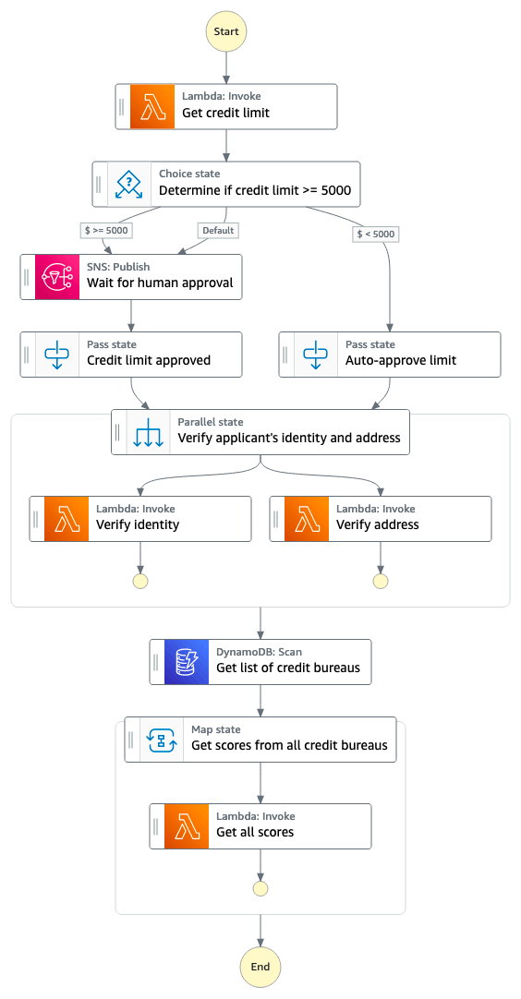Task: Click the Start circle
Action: pyautogui.click(x=225, y=32)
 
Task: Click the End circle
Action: pyautogui.click(x=260, y=967)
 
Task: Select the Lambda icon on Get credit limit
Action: pyautogui.click(x=151, y=106)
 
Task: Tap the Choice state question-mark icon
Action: pyautogui.click(x=128, y=184)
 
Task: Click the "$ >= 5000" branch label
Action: pyautogui.click(x=107, y=230)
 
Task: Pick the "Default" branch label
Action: pyautogui.click(x=218, y=230)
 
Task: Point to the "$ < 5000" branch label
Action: pyautogui.click(x=376, y=234)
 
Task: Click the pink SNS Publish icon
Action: pyautogui.click(x=56, y=276)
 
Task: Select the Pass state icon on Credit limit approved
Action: pyautogui.click(x=56, y=355)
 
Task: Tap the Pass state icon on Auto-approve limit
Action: pyautogui.click(x=316, y=355)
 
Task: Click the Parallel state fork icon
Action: pyautogui.click(x=148, y=432)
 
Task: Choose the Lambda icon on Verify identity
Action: pyautogui.click(x=67, y=519)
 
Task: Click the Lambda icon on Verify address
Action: pyautogui.click(x=306, y=519)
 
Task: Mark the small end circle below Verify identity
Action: pyautogui.click(x=139, y=581)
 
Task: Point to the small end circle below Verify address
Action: pyautogui.click(x=381, y=581)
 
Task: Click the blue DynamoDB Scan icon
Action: pyautogui.click(x=187, y=662)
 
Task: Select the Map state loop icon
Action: pyautogui.click(x=162, y=740)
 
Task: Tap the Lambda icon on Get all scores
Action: pyautogui.click(x=187, y=826)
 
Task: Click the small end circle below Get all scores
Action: pyautogui.click(x=260, y=889)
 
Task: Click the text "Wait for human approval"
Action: pyautogui.click(x=160, y=283)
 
